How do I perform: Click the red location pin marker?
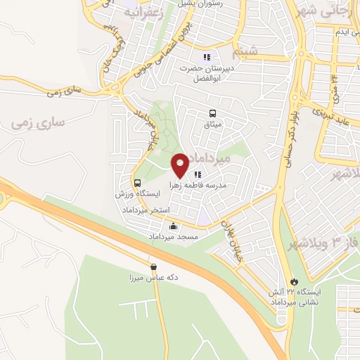pyautogui.click(x=180, y=164)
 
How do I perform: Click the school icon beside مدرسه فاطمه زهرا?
pyautogui.click(x=198, y=174)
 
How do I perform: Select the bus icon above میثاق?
pyautogui.click(x=212, y=113)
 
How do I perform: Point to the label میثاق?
pyautogui.click(x=212, y=124)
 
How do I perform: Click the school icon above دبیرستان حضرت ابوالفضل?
pyautogui.click(x=206, y=57)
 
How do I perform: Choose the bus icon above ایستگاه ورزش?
pyautogui.click(x=137, y=181)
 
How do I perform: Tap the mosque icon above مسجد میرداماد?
pyautogui.click(x=173, y=226)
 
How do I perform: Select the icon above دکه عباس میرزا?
pyautogui.click(x=153, y=266)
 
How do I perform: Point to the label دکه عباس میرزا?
pyautogui.click(x=153, y=278)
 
